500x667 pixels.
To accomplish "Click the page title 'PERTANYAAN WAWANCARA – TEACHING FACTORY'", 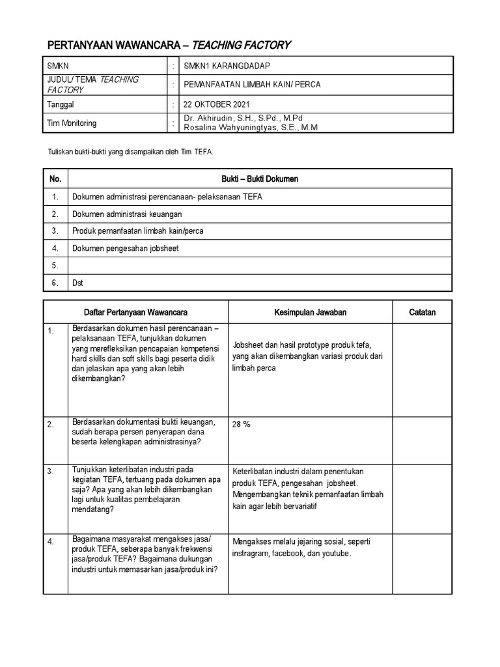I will [169, 45].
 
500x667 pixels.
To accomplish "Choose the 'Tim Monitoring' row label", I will [72, 123].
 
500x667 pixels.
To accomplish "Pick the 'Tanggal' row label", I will [61, 104].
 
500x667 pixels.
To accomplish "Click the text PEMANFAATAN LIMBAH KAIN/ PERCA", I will [253, 85].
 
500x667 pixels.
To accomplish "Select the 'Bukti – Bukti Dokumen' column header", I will [259, 178].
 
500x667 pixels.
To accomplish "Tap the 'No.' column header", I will [55, 178].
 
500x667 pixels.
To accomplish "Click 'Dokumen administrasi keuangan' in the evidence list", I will [127, 214].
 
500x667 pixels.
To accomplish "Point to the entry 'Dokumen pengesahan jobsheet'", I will [125, 248].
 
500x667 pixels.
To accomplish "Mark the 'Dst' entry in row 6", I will [77, 283].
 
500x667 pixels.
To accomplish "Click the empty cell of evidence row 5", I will [259, 266].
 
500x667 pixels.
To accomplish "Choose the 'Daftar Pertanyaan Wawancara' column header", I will [135, 313].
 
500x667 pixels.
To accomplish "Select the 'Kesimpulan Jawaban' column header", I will [311, 313].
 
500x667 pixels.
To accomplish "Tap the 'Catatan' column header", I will [422, 313].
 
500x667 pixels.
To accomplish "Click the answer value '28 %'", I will [241, 424].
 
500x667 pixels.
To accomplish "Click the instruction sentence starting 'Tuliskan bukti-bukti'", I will [131, 152].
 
